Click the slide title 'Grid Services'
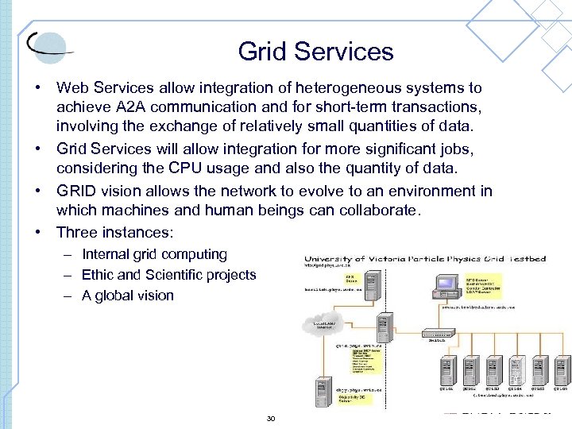pyautogui.click(x=315, y=52)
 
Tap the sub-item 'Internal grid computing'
pyautogui.click(x=154, y=254)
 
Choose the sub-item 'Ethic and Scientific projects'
pyautogui.click(x=168, y=275)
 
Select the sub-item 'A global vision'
pyautogui.click(x=127, y=296)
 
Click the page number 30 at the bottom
pyautogui.click(x=271, y=418)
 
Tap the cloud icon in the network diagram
pyautogui.click(x=322, y=324)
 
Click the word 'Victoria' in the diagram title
pyautogui.click(x=397, y=260)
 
